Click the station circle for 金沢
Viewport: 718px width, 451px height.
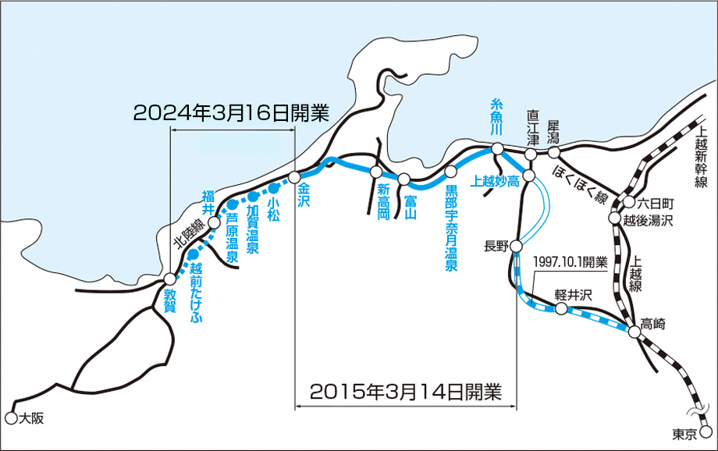(294, 177)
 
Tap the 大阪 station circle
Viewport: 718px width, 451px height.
(10, 417)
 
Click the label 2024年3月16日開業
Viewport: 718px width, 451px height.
(232, 112)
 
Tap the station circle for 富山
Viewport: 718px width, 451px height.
(403, 179)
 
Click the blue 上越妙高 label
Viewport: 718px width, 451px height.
(496, 181)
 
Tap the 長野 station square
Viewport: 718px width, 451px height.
(516, 247)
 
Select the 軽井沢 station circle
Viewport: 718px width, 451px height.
(560, 309)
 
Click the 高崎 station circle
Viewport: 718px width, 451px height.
(634, 332)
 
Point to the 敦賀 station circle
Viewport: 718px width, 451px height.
(170, 279)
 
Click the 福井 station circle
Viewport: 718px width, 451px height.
(215, 222)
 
